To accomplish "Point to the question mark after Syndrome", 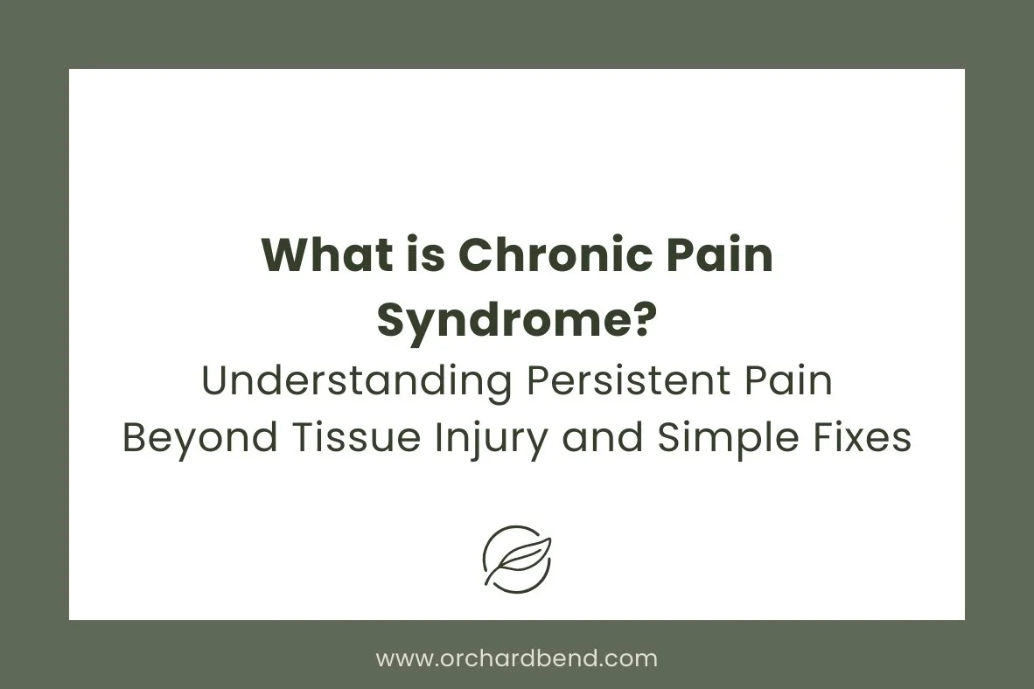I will [645, 321].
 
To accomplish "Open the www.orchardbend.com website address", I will [516, 658].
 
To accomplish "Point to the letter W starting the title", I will [282, 256].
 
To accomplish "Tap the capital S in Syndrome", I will [391, 321].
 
